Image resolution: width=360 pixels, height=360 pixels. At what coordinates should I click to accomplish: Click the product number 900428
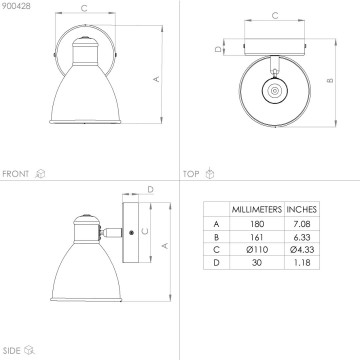pos(17,6)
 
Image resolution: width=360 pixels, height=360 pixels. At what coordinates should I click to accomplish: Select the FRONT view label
pos(16,173)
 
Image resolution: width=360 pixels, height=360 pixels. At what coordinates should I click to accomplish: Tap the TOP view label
pos(190,173)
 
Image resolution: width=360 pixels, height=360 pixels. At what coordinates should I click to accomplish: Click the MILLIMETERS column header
pos(256,209)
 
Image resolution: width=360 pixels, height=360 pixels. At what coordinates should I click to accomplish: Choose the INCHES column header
pos(302,209)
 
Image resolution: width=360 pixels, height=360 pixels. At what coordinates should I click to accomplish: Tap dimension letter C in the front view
pos(82,9)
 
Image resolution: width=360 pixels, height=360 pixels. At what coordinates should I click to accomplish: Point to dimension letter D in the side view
pos(149,187)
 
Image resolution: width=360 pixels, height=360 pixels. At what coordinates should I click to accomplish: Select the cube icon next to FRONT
pos(40,173)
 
